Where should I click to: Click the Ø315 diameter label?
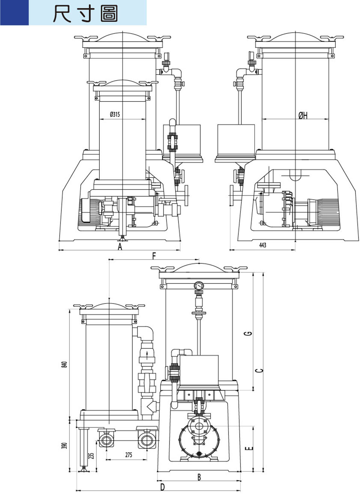pyautogui.click(x=115, y=114)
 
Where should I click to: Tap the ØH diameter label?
pyautogui.click(x=303, y=115)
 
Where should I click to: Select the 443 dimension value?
pyautogui.click(x=262, y=245)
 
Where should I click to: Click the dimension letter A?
pyautogui.click(x=120, y=246)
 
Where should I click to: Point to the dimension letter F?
pyautogui.click(x=154, y=256)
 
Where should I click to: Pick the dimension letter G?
pyautogui.click(x=249, y=333)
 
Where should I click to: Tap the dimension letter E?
pyautogui.click(x=249, y=448)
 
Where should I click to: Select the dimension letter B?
pyautogui.click(x=199, y=477)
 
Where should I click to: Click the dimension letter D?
pyautogui.click(x=162, y=487)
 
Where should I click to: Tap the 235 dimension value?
pyautogui.click(x=91, y=456)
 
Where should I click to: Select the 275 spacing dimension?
pyautogui.click(x=129, y=455)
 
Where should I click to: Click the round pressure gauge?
pyautogui.click(x=199, y=285)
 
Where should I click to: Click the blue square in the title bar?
pyautogui.click(x=14, y=12)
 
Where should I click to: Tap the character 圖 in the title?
pyautogui.click(x=109, y=14)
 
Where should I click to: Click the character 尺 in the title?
pyautogui.click(x=62, y=14)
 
